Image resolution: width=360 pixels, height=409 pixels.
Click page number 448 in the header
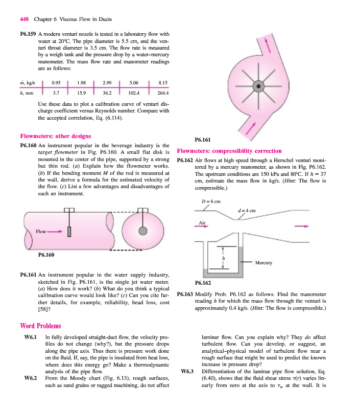(x=24, y=20)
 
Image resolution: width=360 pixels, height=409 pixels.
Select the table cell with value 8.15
(x=163, y=82)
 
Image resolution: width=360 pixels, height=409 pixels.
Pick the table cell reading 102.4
(x=134, y=94)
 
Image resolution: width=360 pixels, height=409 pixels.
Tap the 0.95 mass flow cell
(x=57, y=82)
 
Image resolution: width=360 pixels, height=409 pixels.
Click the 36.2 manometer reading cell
(x=107, y=94)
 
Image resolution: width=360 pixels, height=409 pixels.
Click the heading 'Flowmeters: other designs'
(x=55, y=136)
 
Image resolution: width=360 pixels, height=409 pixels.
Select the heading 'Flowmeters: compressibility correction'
(x=229, y=151)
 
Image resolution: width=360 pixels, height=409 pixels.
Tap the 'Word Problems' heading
(x=40, y=326)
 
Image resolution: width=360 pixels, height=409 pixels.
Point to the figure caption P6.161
(x=204, y=139)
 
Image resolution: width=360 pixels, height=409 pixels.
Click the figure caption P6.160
(x=47, y=254)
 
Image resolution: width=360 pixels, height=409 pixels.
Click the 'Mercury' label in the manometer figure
(x=263, y=263)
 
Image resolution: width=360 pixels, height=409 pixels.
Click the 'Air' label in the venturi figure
(x=201, y=222)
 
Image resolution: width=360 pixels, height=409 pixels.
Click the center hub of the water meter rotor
(x=259, y=86)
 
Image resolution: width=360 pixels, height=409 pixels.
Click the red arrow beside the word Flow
(x=55, y=232)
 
